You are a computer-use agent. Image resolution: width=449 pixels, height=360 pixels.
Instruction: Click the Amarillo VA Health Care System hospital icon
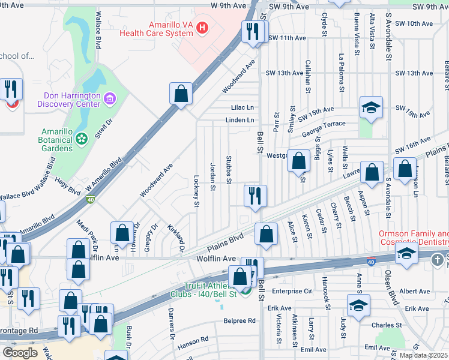click(x=202, y=27)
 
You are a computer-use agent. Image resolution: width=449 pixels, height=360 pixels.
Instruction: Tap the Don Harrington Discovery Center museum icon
click(x=109, y=98)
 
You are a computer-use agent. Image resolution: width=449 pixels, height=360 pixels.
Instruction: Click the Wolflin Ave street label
click(x=216, y=258)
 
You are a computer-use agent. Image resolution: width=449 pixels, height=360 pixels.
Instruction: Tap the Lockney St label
click(x=196, y=191)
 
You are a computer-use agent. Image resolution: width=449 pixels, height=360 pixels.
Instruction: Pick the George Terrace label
click(x=324, y=127)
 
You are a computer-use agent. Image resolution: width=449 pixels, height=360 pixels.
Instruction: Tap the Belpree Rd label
click(x=239, y=321)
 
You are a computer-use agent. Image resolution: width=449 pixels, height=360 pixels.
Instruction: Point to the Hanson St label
click(x=193, y=341)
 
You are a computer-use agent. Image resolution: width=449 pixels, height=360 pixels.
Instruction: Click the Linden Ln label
click(x=240, y=120)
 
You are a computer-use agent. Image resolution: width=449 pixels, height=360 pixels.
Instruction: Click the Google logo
click(x=19, y=353)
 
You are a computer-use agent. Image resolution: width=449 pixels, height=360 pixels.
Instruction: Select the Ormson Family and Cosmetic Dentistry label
click(x=414, y=238)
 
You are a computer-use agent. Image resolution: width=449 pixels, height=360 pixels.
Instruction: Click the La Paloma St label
click(x=341, y=73)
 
